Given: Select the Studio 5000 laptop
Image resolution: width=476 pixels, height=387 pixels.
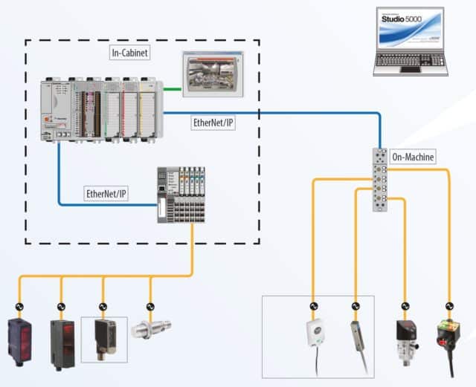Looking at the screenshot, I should coord(409,43).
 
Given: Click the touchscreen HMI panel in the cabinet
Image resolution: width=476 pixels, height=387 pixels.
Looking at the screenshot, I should coord(213,74).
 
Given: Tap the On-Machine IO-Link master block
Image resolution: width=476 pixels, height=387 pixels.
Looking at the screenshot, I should coord(382,179).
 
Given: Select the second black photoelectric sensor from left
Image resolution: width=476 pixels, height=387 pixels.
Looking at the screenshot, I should coord(62,343).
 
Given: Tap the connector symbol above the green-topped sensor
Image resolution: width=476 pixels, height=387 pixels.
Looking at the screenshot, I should coord(448,305).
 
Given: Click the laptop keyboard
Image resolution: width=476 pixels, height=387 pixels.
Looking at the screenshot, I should coord(410,62).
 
